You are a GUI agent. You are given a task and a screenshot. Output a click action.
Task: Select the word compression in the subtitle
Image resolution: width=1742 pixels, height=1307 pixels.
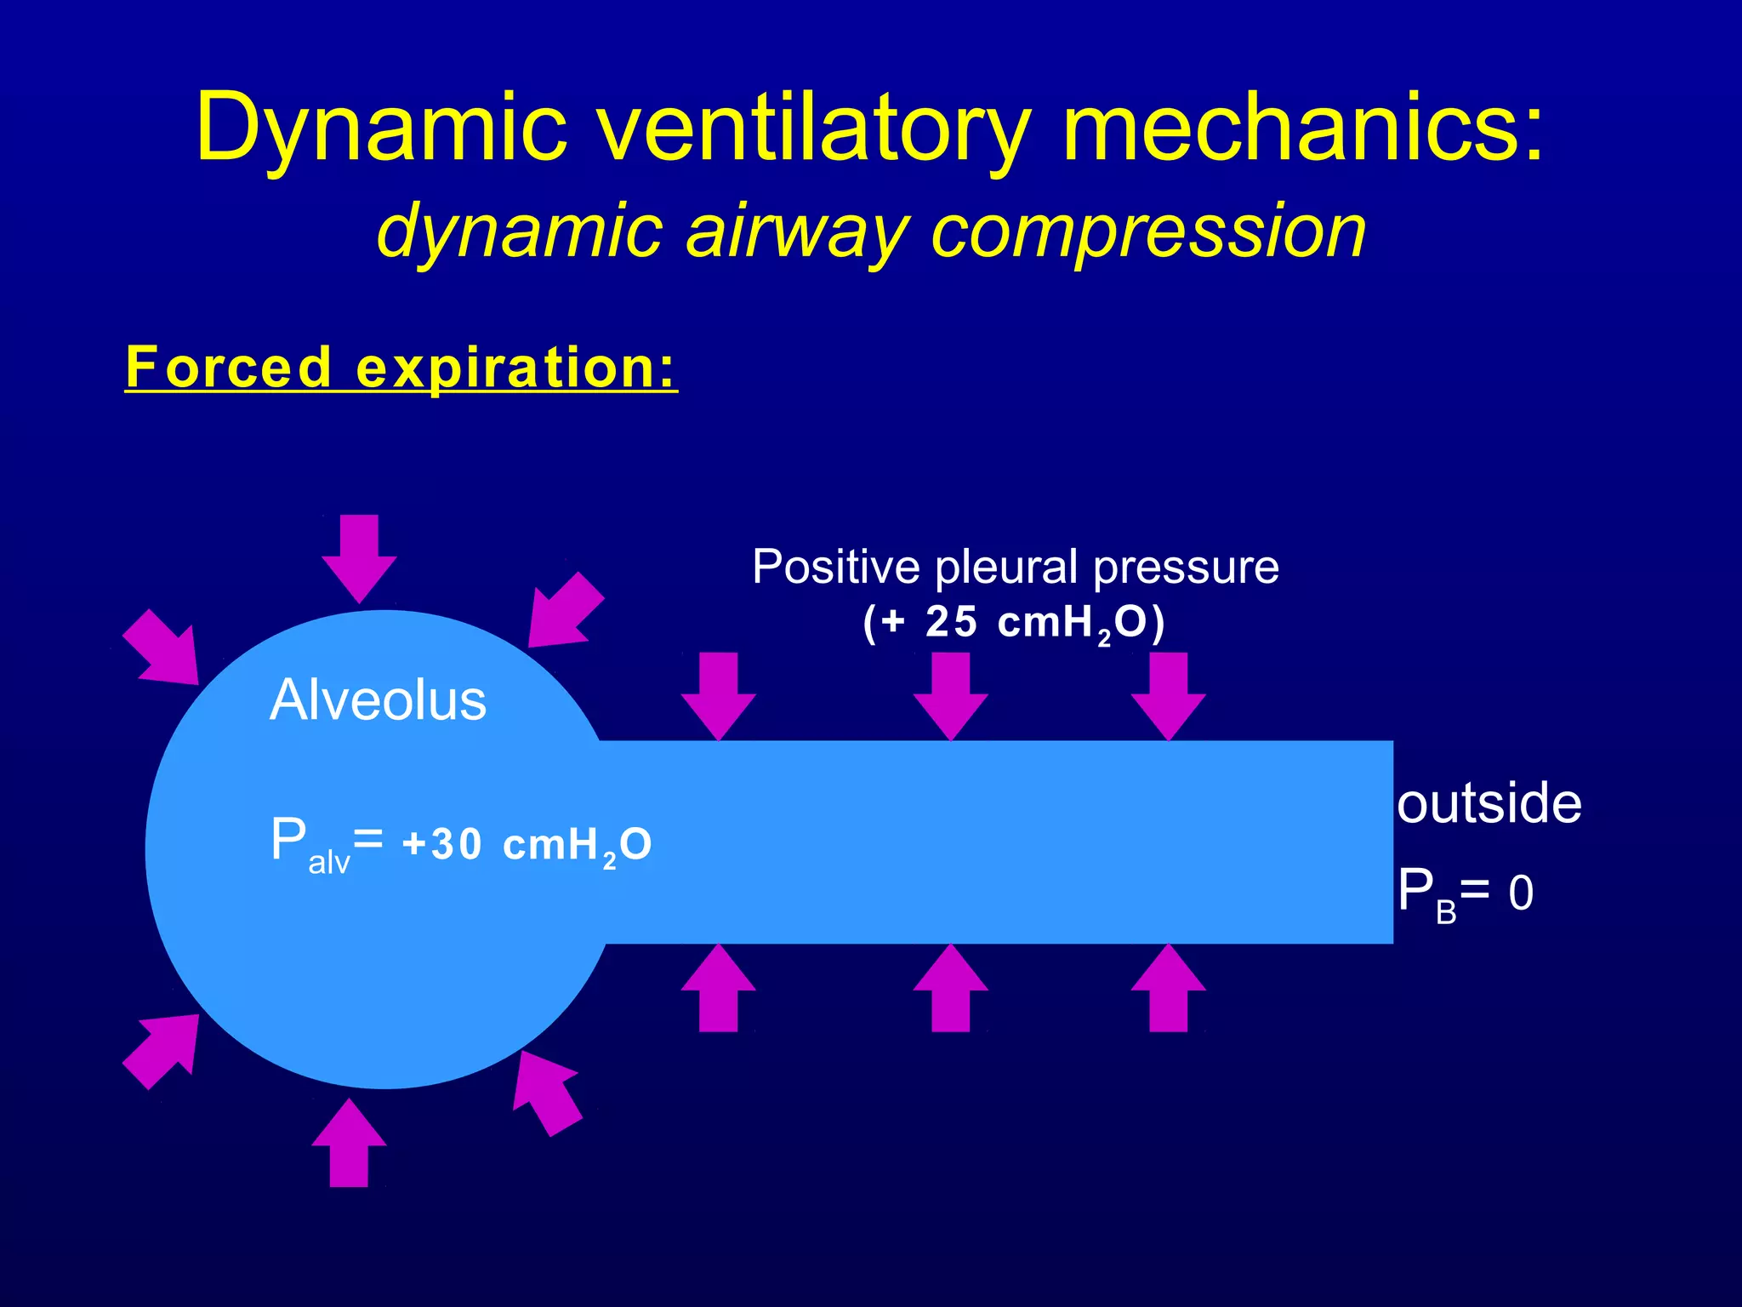point(1148,231)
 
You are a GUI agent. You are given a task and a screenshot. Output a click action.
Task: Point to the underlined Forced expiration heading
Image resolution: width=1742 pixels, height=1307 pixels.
point(401,368)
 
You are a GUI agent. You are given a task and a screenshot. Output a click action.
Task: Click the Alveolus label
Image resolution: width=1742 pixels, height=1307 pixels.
point(378,700)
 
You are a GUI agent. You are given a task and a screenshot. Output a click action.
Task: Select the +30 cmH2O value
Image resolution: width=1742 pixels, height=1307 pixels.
point(527,845)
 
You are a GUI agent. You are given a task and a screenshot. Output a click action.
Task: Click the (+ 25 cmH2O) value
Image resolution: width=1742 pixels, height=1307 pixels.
point(1013,623)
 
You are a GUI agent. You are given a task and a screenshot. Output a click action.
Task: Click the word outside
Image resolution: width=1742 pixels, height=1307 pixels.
point(1489,803)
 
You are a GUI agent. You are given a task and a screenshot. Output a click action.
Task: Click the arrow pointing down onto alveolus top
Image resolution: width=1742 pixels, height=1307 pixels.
point(359,558)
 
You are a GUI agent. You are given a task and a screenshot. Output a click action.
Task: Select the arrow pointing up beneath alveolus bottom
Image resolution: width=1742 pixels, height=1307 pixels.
point(349,1144)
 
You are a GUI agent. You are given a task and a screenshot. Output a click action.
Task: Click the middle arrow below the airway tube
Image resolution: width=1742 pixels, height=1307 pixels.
point(950,989)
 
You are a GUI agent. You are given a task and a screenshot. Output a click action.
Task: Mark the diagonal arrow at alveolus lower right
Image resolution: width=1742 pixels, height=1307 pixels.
point(546,1093)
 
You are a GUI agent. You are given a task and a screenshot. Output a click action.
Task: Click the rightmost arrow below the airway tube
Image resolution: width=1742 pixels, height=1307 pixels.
point(1168,989)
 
